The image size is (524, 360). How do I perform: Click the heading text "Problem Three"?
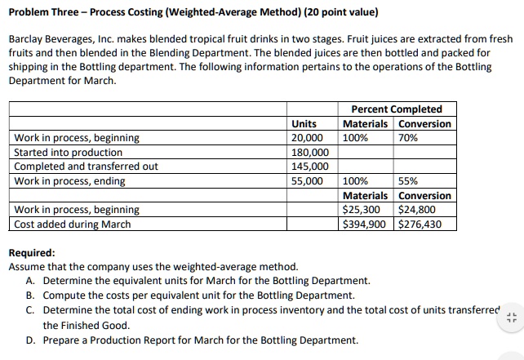tap(45, 13)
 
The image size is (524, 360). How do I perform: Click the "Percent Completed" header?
tap(396, 109)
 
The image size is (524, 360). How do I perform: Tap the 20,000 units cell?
tap(307, 138)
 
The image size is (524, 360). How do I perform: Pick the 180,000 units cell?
tap(309, 152)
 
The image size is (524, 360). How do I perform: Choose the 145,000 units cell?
tap(309, 167)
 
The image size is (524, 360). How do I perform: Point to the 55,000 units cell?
tap(307, 180)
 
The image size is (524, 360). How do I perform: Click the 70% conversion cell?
tap(407, 138)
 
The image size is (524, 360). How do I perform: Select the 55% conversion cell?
tap(407, 180)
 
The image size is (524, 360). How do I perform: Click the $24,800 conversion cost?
tap(418, 210)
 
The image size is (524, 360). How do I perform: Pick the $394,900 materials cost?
tap(365, 224)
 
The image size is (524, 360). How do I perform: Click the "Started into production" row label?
tap(69, 152)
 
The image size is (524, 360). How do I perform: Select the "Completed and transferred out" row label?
tap(87, 167)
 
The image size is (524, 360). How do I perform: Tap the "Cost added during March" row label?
tap(73, 224)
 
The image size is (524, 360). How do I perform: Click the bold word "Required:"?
tap(32, 253)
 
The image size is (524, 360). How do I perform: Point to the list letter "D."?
tap(30, 340)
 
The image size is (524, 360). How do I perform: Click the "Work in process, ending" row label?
tap(70, 180)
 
